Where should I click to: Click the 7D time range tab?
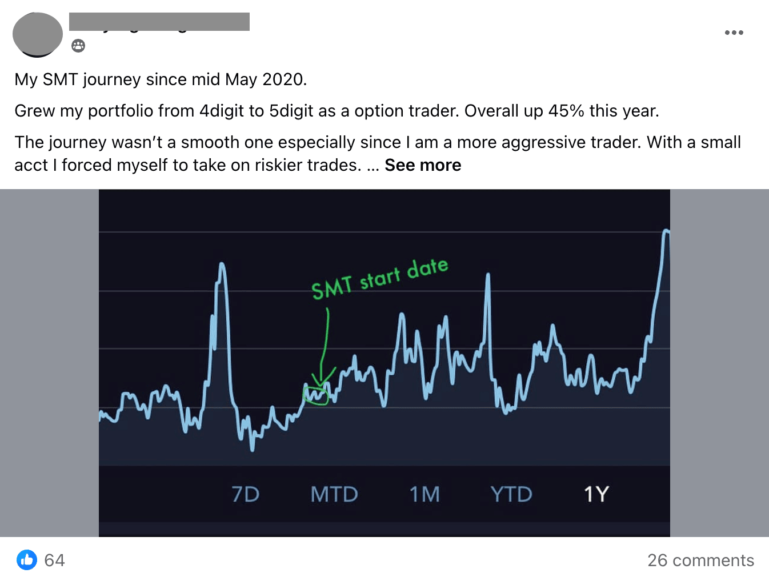pos(246,494)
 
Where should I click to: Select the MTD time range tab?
pos(334,494)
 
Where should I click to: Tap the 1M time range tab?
pos(424,494)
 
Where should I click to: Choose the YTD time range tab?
pos(511,494)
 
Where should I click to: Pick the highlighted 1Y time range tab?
pos(596,494)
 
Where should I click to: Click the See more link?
pos(423,165)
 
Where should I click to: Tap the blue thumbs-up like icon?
pos(27,560)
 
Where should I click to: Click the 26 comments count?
pos(700,560)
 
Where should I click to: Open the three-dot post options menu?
pos(734,33)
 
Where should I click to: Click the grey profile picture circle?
pos(38,35)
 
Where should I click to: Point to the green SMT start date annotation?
pos(379,278)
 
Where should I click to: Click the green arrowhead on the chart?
pos(323,379)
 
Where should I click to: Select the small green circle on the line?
pos(316,395)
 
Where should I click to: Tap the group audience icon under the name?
pos(78,46)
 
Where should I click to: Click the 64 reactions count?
pos(54,560)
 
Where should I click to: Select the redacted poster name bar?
pos(159,22)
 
